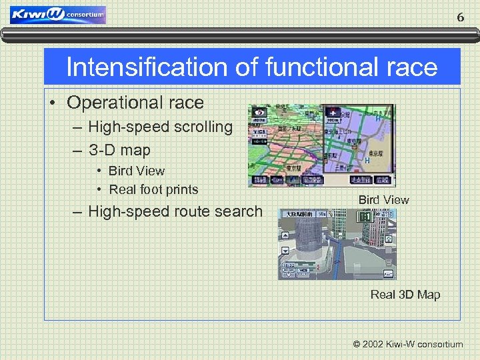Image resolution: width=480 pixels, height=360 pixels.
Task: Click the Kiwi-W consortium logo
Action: (58, 15)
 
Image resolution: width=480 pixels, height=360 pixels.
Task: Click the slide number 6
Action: (460, 17)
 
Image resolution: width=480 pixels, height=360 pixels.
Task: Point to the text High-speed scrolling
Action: (160, 127)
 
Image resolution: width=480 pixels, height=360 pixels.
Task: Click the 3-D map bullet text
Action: (119, 150)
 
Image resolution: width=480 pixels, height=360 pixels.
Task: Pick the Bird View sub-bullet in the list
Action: (136, 171)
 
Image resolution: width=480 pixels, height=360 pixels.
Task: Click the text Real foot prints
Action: (153, 190)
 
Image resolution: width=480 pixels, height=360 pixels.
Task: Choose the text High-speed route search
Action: (175, 212)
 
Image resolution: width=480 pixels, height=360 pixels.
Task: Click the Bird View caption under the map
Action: (383, 200)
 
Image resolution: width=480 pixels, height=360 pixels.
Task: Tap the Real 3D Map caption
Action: (405, 295)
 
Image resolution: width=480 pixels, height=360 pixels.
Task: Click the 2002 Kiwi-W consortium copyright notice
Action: (408, 345)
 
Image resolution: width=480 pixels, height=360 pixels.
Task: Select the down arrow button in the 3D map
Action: (285, 251)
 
